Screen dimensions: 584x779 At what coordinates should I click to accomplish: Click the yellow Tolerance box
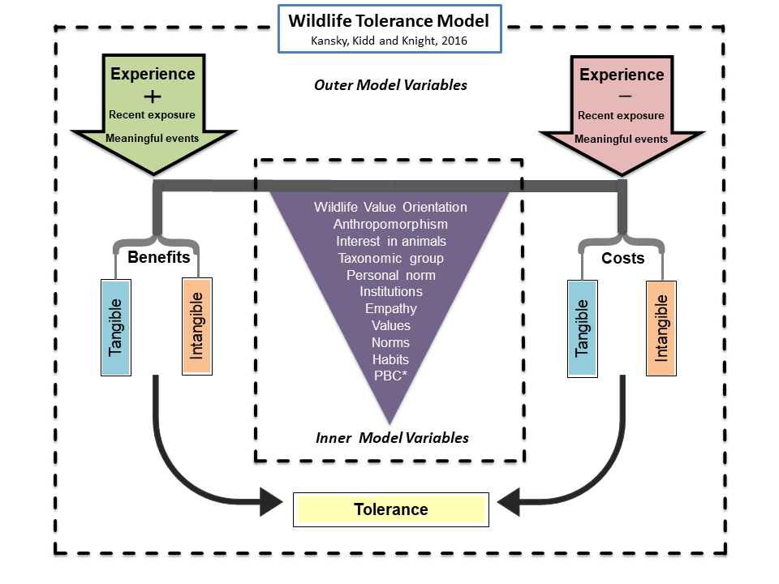coord(390,509)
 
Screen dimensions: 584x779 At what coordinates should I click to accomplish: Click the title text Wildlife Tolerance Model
coord(390,18)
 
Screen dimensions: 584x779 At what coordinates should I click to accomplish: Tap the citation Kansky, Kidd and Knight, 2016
coord(390,37)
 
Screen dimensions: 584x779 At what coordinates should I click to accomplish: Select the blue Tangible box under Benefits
coord(116,328)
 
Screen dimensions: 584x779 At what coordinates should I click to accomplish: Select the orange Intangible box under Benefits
coord(197,327)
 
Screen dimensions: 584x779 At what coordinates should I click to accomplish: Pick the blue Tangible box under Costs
coord(581,328)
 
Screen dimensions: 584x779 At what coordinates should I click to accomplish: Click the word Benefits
coord(159,258)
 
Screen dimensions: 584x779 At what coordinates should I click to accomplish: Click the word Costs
coord(622,258)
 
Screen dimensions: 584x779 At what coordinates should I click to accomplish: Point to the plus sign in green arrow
coord(153,94)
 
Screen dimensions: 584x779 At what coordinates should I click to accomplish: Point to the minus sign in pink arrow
coord(622,95)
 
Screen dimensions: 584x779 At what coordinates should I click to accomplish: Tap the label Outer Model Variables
coord(390,84)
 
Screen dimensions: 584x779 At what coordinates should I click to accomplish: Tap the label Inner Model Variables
coord(392,438)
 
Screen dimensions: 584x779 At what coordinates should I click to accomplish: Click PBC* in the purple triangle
coord(390,376)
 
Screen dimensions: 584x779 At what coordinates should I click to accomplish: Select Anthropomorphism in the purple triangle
coord(390,224)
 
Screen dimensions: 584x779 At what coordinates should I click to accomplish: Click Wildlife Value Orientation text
coord(390,207)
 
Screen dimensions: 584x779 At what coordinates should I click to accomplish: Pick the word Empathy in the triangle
coord(390,308)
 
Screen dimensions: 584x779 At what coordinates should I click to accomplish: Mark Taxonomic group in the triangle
coord(390,258)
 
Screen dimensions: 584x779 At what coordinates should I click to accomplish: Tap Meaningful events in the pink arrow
coord(622,139)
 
